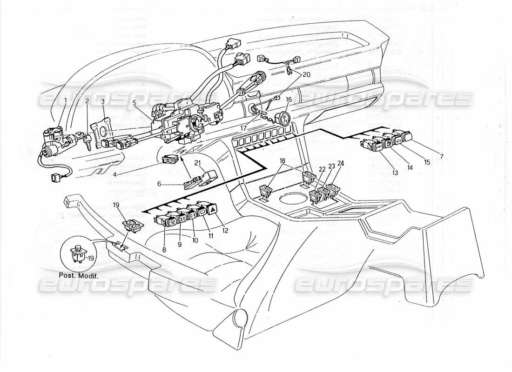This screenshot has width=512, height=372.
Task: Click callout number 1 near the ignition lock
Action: [x=66, y=100]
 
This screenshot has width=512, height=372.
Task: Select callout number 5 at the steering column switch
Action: [x=135, y=104]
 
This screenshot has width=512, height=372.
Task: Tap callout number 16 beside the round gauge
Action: [x=289, y=100]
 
